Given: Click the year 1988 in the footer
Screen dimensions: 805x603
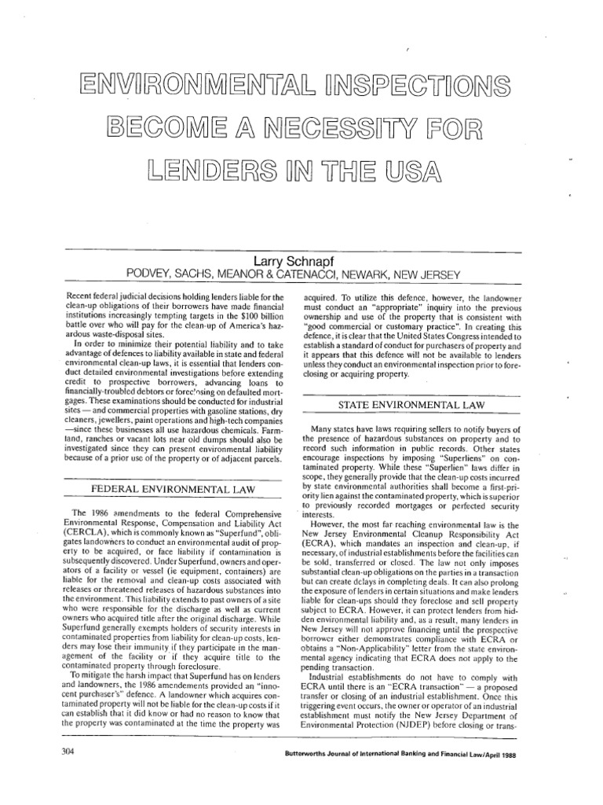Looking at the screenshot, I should point(510,751).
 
